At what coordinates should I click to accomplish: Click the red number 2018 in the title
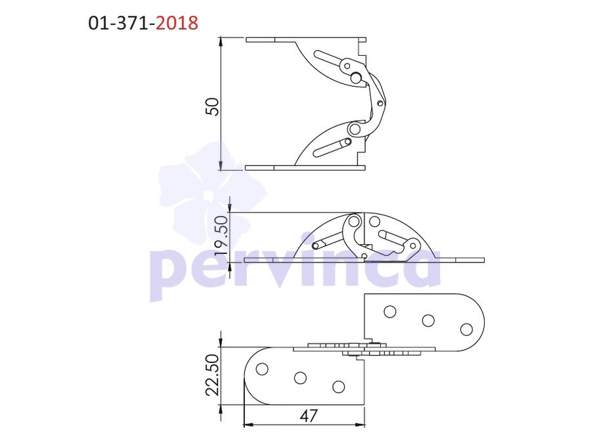point(177,23)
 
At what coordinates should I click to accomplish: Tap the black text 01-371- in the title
point(121,23)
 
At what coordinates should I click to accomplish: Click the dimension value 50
point(212,106)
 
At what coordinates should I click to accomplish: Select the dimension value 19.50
point(222,236)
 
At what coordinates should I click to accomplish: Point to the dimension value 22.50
point(212,375)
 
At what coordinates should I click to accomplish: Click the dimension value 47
point(309,416)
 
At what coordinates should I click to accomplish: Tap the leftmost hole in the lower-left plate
point(262,369)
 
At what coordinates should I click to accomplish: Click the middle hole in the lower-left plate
point(300,378)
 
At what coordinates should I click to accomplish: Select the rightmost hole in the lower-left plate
point(338,387)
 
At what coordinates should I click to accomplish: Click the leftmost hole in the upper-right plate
point(389,312)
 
